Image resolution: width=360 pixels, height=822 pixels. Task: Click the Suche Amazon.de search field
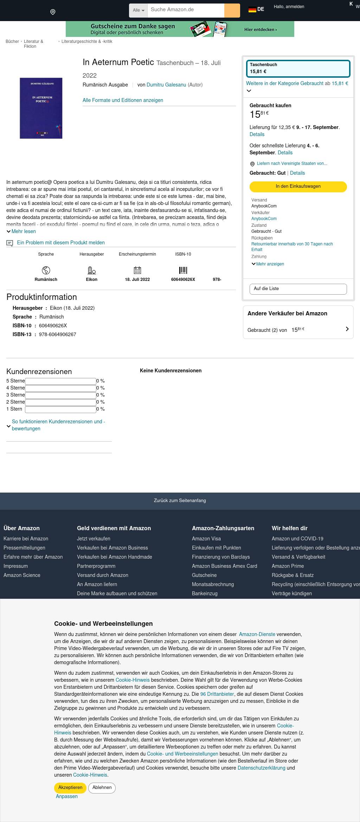186,10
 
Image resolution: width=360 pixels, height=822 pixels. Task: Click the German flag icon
252,9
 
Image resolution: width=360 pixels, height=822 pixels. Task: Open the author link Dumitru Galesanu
166,85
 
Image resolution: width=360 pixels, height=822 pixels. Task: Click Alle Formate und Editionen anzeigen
123,100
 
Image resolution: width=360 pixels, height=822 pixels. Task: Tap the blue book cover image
41,108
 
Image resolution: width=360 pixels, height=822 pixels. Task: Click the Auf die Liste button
298,289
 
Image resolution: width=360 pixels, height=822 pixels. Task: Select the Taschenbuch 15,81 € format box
298,68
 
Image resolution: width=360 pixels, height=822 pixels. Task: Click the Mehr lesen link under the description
23,231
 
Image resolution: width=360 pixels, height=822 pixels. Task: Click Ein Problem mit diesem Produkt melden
60,243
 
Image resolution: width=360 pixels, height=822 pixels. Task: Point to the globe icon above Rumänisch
46,270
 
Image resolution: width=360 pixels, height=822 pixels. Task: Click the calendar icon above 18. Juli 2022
137,270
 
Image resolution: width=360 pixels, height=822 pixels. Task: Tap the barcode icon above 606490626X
183,270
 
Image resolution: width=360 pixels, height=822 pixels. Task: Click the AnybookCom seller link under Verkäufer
264,219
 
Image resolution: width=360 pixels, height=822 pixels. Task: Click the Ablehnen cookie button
102,788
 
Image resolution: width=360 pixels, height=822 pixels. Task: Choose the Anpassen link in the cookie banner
67,796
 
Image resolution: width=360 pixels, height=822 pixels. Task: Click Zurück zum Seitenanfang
180,501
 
